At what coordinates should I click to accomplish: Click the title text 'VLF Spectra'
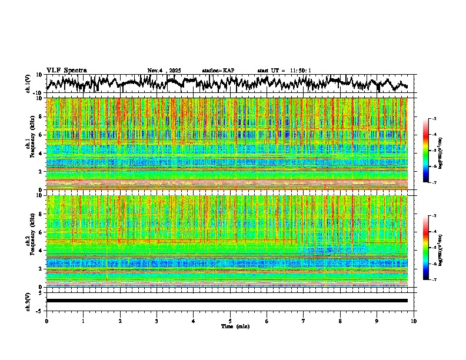[65, 70]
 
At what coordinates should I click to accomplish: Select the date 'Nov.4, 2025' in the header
[165, 71]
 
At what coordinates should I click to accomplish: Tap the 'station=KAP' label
[218, 71]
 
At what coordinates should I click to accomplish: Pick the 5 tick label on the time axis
[230, 321]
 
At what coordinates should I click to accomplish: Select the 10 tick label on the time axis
[414, 321]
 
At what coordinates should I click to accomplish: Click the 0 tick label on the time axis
[46, 321]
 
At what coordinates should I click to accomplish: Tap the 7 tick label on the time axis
[304, 321]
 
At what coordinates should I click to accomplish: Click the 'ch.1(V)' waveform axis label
[28, 84]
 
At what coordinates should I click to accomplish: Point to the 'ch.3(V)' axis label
[28, 301]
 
